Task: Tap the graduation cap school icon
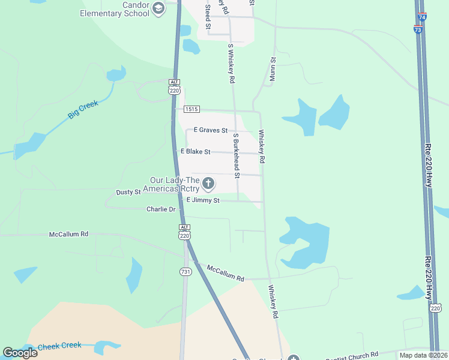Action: point(158,8)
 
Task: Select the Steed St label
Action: point(208,17)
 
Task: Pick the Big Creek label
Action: point(83,110)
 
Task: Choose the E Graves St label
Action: point(211,130)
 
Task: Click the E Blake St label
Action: point(196,152)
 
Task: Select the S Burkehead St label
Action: point(237,156)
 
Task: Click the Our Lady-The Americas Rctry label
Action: point(174,184)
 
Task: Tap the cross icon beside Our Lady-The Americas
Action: point(208,183)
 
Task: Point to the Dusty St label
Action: point(128,192)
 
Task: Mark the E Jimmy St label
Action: point(203,200)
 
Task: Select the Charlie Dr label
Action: point(161,209)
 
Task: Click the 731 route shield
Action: point(185,272)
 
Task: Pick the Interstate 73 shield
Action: point(418,29)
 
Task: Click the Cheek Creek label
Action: point(59,347)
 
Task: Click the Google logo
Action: point(20,353)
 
